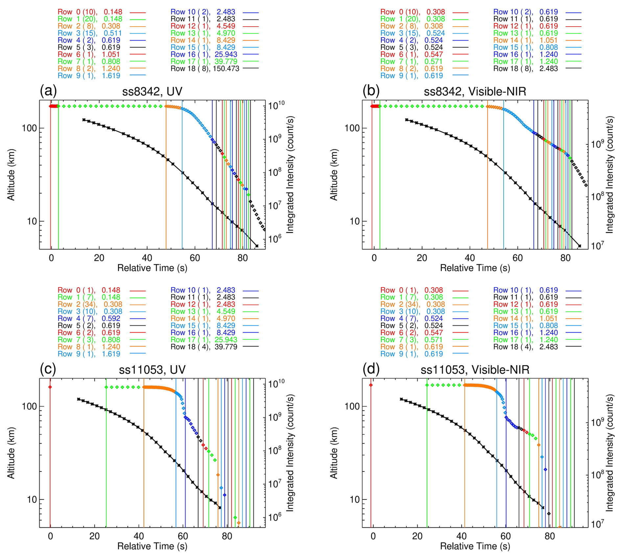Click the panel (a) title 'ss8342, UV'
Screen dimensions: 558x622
pyautogui.click(x=152, y=91)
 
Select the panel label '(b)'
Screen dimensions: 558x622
pyautogui.click(x=371, y=90)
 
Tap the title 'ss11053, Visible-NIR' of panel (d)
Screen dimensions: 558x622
pyautogui.click(x=475, y=369)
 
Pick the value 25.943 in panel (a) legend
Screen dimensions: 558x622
pyautogui.click(x=226, y=54)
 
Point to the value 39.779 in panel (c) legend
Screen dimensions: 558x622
pyautogui.click(x=226, y=347)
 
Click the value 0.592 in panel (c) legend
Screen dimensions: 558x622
pyautogui.click(x=111, y=318)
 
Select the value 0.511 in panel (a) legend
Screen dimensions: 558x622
pyautogui.click(x=113, y=33)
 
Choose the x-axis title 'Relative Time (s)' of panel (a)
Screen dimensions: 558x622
pyautogui.click(x=152, y=268)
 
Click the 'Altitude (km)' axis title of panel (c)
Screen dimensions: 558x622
pyautogui.click(x=11, y=453)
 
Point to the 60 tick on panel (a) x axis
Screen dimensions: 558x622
pyautogui.click(x=195, y=258)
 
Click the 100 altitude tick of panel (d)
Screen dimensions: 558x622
pyautogui.click(x=352, y=406)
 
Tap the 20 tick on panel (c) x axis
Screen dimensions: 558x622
pyautogui.click(x=94, y=536)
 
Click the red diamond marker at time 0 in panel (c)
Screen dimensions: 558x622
pyautogui.click(x=50, y=387)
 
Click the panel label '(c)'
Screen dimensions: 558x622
pyautogui.click(x=48, y=369)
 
